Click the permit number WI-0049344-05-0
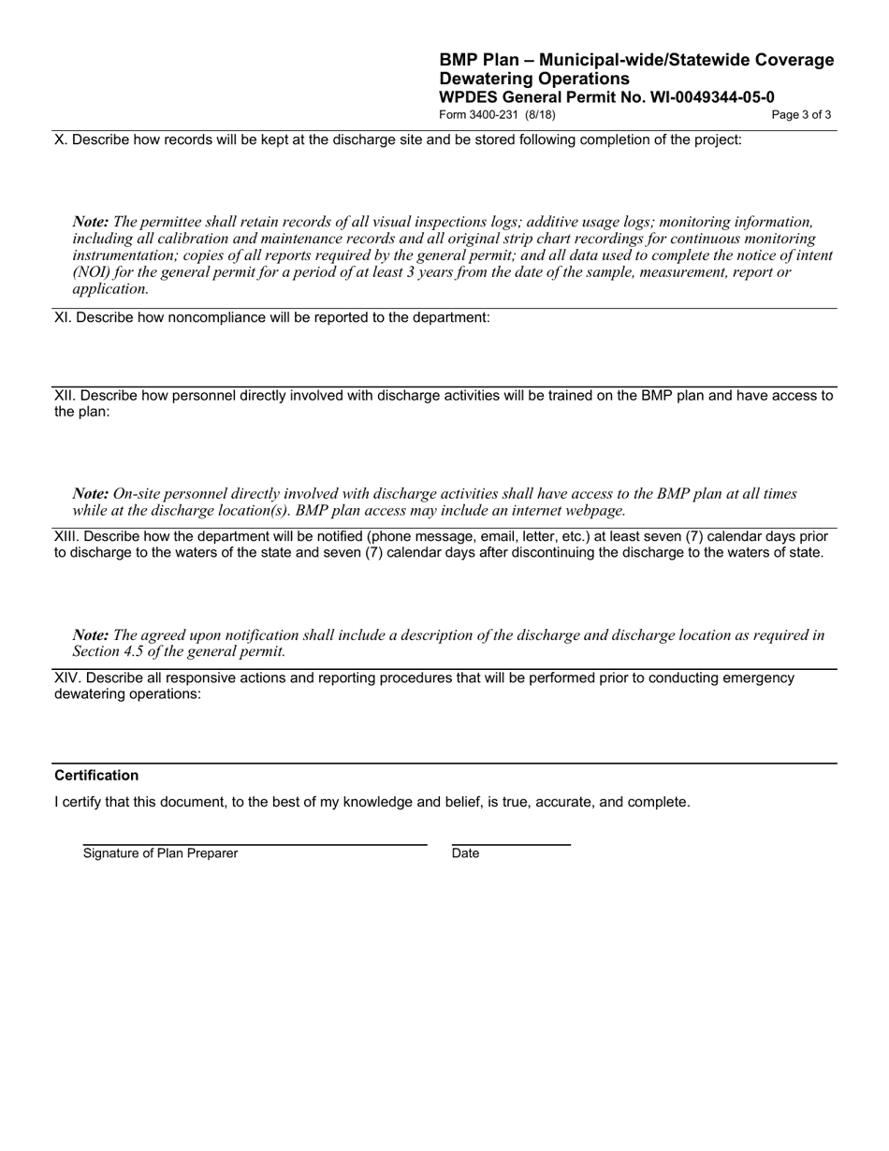coord(712,97)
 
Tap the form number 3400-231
coord(495,115)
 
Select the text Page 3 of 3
coord(801,115)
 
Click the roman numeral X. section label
coord(61,139)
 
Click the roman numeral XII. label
coord(66,395)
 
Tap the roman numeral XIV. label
coord(67,677)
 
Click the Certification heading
coord(96,775)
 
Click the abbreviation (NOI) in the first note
coord(94,272)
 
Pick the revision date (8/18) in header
coord(540,115)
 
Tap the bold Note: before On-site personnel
coord(91,494)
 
